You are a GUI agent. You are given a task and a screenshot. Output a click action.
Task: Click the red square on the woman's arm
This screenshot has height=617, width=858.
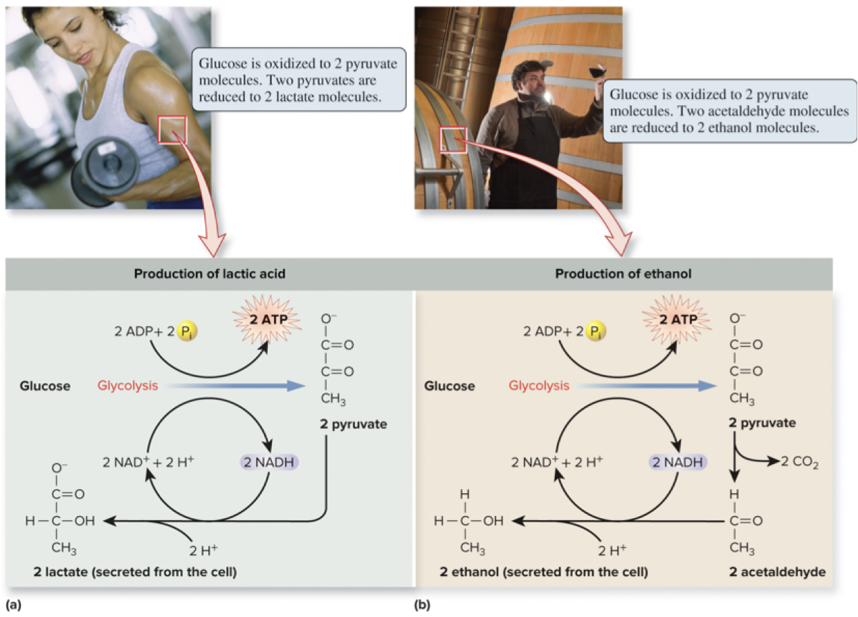coord(172,129)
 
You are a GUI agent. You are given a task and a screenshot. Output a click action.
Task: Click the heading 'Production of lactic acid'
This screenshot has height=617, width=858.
coord(210,274)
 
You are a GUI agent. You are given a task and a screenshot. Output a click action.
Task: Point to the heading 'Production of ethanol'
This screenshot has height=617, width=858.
coord(623,274)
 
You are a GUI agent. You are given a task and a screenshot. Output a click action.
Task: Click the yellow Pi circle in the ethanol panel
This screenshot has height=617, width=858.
coord(593,331)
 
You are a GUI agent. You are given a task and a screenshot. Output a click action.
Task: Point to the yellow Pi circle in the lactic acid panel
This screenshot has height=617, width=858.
coord(185,331)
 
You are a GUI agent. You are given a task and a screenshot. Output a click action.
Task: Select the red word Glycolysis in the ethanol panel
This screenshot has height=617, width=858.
coord(539,385)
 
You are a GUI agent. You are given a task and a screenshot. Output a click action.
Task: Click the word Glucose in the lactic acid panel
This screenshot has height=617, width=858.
coord(45,386)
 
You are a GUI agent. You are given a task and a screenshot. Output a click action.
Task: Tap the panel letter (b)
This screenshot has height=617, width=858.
coord(421,605)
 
